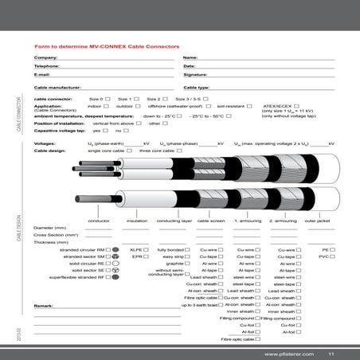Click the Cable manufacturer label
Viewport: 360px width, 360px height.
coord(57,86)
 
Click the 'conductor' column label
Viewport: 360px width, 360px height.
coord(99,220)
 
